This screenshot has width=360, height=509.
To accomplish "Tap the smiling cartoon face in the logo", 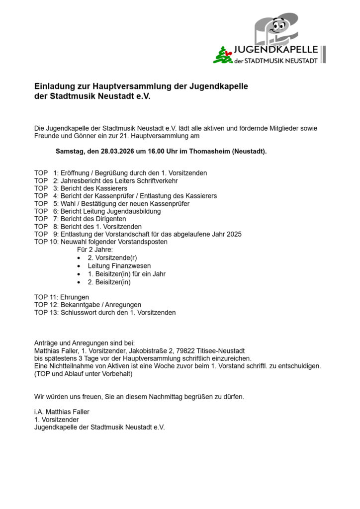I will tap(278, 26).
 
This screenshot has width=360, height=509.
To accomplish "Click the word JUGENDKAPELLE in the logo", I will tap(276, 50).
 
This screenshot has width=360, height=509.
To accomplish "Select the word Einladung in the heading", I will tap(53, 86).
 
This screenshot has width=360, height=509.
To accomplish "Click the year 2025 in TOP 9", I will tap(234, 234).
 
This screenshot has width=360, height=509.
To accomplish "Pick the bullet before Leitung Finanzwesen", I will tap(80, 266).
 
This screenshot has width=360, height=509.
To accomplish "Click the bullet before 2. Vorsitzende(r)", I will tap(80, 258).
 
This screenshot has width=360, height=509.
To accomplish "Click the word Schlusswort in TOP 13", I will tap(78, 313).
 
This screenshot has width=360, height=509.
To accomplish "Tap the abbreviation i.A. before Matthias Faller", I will tap(39, 412).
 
